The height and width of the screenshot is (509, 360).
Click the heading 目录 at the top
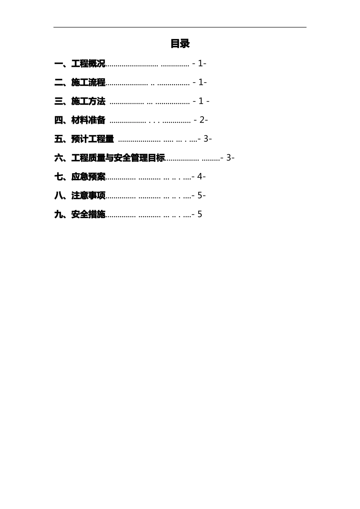point(180,44)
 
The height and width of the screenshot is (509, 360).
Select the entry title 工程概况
point(88,64)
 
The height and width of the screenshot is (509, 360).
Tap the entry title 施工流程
point(88,83)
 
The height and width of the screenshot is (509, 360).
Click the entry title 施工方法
point(88,101)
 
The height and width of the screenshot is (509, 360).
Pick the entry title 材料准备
point(88,120)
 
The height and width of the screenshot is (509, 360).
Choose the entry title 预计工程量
point(92,139)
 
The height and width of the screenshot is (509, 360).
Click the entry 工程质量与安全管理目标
point(118,158)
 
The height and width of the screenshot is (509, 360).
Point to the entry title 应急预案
point(88,177)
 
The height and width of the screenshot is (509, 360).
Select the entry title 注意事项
point(88,196)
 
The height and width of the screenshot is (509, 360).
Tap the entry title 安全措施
point(88,215)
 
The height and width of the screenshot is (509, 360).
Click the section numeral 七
point(59,177)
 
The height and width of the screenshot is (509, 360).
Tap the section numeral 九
point(59,215)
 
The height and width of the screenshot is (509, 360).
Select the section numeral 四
point(59,120)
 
